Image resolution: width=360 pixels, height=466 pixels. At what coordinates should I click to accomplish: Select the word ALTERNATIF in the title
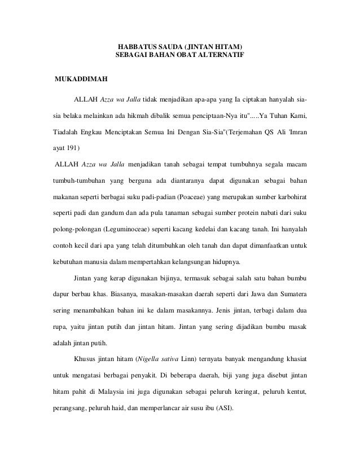[226, 55]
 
